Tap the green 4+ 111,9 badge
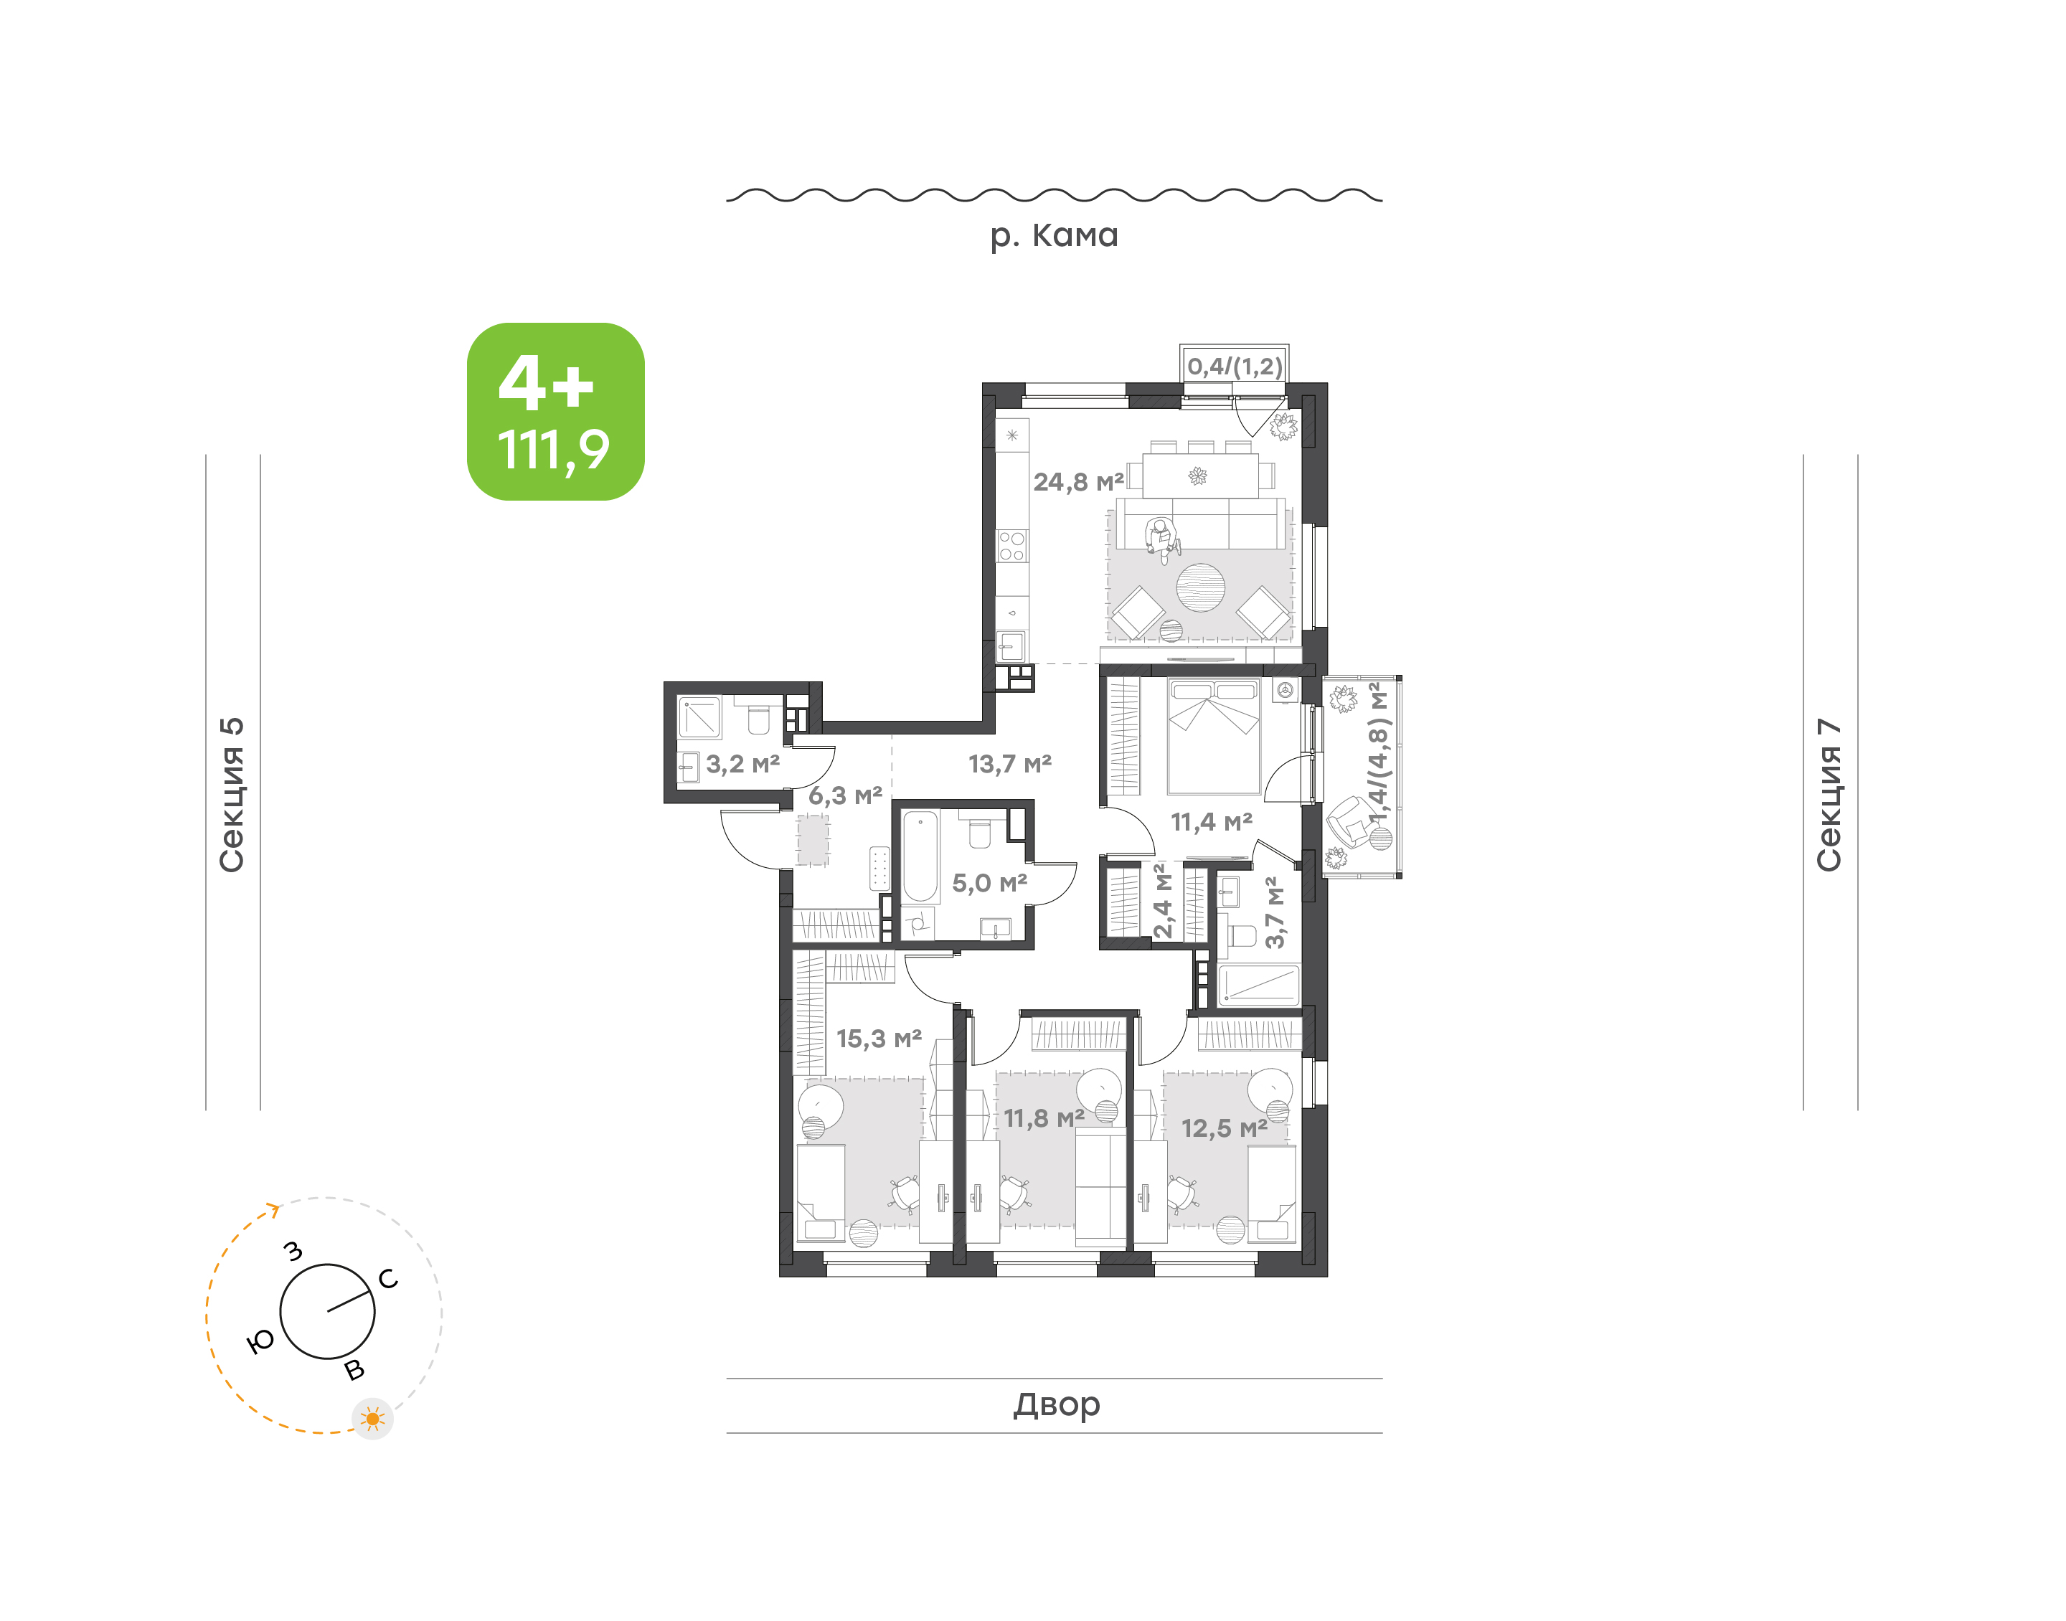coord(555,411)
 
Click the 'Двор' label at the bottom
coord(1056,1404)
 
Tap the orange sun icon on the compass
coord(372,1419)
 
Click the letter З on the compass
coord(294,1251)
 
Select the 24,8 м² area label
coord(1078,482)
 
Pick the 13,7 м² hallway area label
coord(1010,764)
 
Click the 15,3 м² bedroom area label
coord(879,1039)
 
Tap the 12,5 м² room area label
coord(1225,1128)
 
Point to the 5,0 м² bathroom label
coord(990,884)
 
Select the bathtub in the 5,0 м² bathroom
coord(920,855)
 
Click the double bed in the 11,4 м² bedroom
coord(1214,735)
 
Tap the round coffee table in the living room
coord(1200,587)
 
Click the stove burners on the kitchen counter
coord(1011,546)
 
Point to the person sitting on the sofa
coord(1161,538)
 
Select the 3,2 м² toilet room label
coord(742,764)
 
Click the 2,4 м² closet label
coord(1163,901)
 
